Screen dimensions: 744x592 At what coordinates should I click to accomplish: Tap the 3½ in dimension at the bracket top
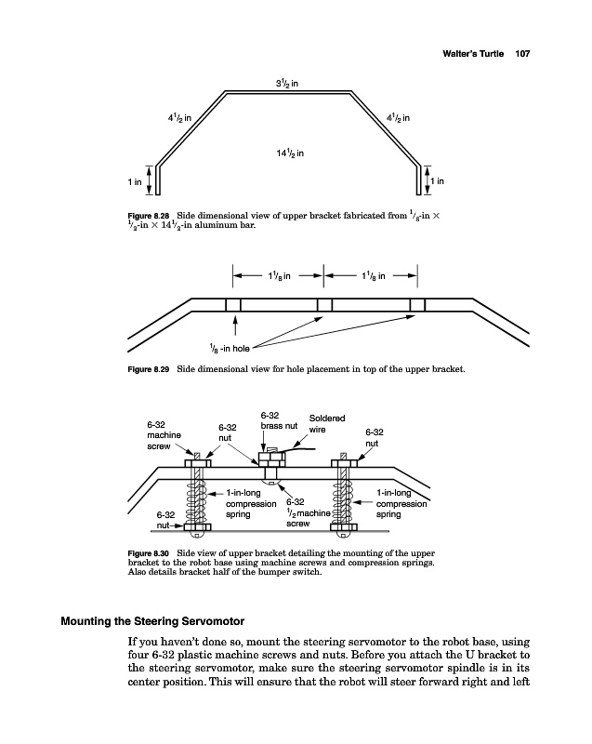coord(286,86)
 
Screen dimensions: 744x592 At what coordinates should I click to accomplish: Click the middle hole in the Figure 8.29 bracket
coord(324,305)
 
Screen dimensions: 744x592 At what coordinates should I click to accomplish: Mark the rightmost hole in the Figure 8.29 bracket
coord(417,305)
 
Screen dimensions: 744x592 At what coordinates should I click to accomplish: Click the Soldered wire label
coord(327,424)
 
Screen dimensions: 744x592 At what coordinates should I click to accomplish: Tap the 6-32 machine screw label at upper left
coord(164,434)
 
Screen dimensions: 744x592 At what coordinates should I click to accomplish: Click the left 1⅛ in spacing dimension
coord(279,275)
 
